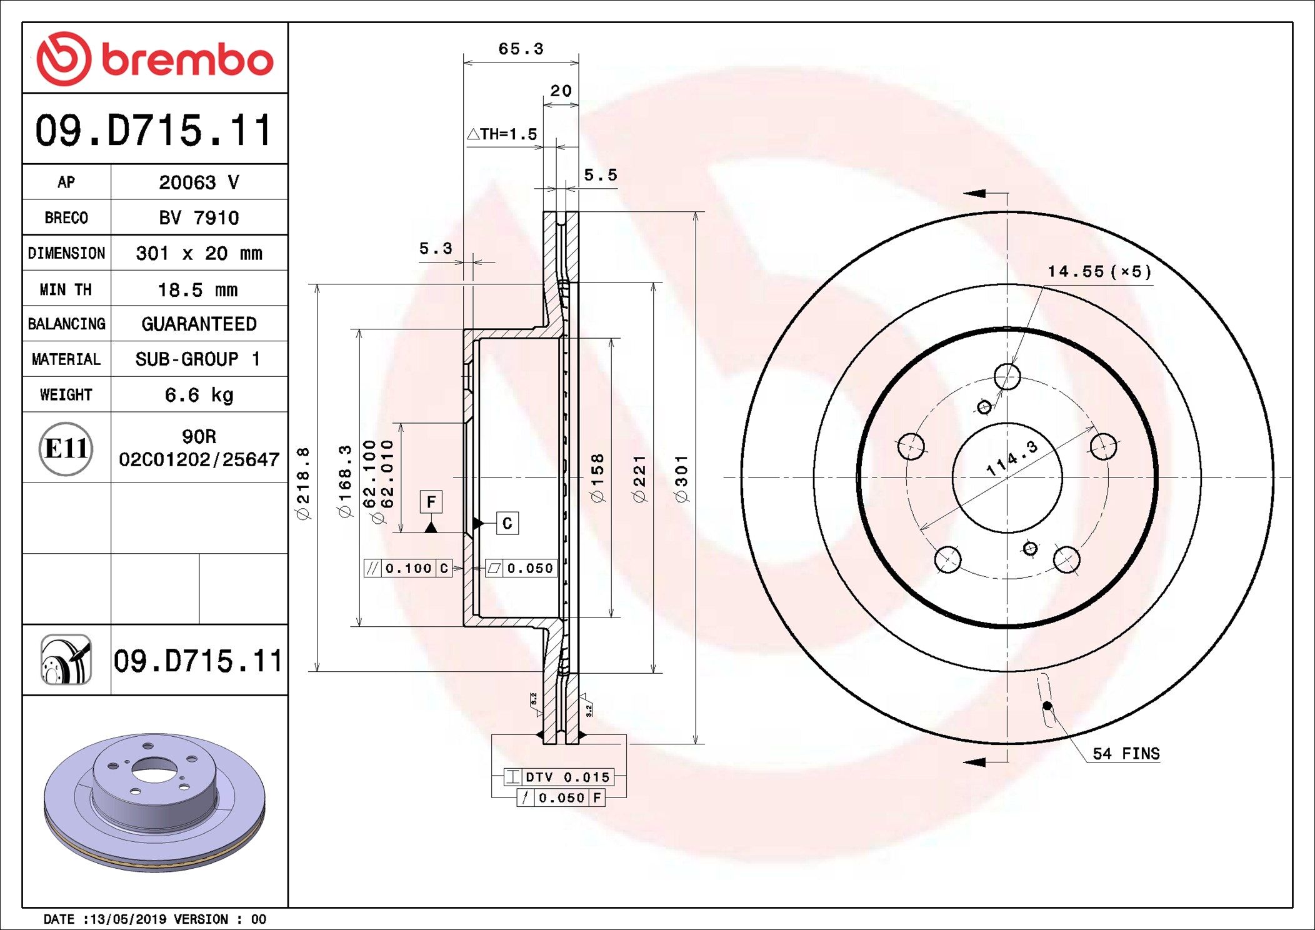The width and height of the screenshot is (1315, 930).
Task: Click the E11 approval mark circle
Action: [x=66, y=448]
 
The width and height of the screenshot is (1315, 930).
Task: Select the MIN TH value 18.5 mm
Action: [x=197, y=289]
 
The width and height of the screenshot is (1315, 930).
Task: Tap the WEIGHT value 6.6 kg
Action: [x=199, y=395]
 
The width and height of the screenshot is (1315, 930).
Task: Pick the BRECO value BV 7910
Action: [x=199, y=217]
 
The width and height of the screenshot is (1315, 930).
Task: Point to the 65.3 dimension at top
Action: [x=521, y=49]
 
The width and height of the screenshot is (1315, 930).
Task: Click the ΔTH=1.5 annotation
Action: [x=502, y=134]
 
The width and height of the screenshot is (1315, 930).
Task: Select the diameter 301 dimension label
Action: [x=681, y=478]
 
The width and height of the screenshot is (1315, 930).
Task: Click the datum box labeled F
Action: [x=431, y=502]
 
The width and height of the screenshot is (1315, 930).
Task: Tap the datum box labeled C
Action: [x=507, y=523]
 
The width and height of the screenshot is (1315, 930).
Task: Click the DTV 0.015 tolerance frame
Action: [x=559, y=777]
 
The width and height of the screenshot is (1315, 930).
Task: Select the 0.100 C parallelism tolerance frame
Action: [x=408, y=568]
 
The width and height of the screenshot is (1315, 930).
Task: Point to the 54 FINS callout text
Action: [x=1126, y=753]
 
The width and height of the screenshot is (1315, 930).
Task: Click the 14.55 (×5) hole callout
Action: [x=1099, y=271]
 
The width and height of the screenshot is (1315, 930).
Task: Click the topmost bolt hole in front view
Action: [x=1007, y=376]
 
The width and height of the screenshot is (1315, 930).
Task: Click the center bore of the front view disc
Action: [x=1007, y=478]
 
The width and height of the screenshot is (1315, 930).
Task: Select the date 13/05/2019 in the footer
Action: [x=129, y=919]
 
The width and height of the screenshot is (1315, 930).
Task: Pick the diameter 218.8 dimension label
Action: [x=302, y=483]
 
